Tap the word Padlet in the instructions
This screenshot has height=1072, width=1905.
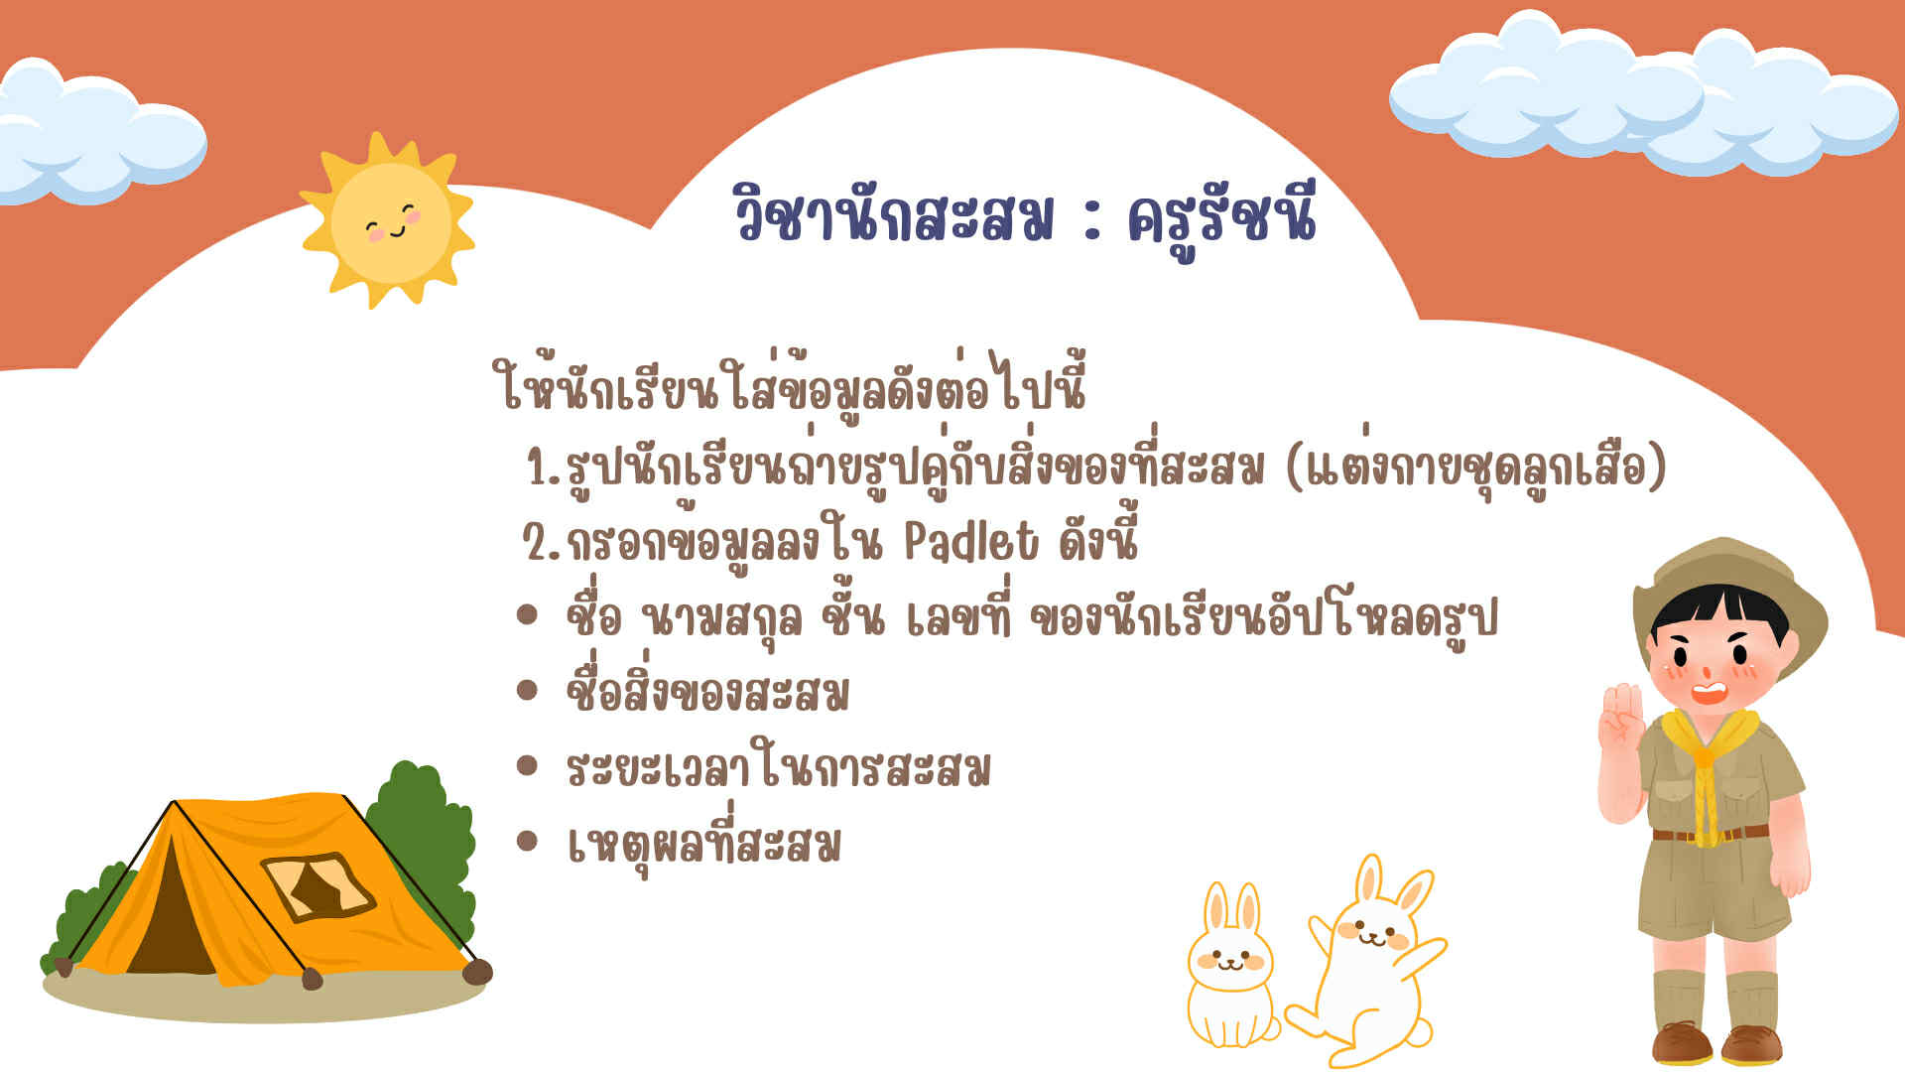(971, 542)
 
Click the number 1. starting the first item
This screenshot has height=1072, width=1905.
(544, 467)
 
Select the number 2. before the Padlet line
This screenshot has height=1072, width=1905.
(542, 542)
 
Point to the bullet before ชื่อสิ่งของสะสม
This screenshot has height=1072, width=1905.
(527, 690)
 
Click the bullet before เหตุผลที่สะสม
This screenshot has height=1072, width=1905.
(527, 842)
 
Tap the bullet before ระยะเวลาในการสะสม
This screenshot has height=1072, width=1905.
(527, 765)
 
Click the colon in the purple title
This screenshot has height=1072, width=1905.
(1092, 221)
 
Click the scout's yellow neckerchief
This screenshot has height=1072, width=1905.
(1707, 764)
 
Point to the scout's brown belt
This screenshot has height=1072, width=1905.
(1710, 834)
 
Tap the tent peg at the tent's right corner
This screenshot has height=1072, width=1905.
(477, 972)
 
